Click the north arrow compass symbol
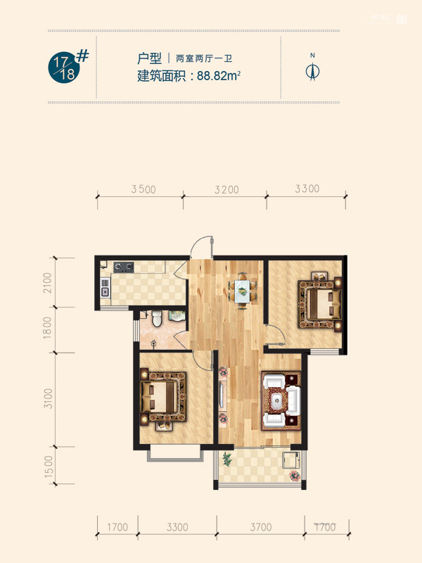point(312,70)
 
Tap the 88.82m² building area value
point(219,76)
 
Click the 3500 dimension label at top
point(143,189)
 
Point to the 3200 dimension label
point(226,189)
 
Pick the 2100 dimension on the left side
point(48,283)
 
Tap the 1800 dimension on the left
point(48,327)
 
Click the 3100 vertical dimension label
point(48,398)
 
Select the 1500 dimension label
point(49,467)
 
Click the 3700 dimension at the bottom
point(261,527)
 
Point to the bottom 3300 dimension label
point(177,527)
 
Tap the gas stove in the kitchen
point(124,267)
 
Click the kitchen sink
point(105,292)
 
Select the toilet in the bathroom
point(157,319)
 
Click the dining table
point(243,292)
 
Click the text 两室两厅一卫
point(204,58)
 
